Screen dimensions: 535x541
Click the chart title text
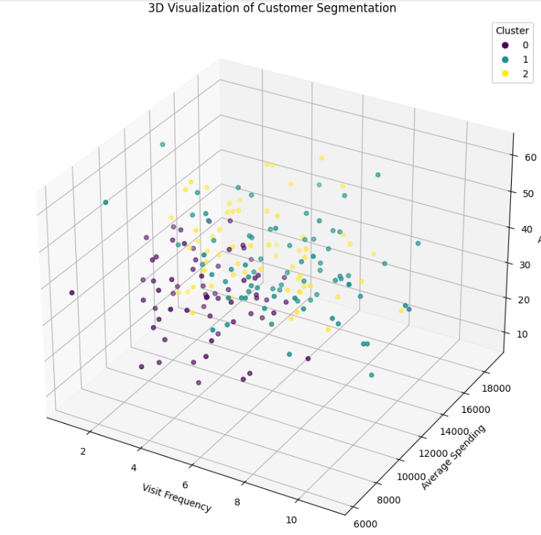271,8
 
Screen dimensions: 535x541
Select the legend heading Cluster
512,31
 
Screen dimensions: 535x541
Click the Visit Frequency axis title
177,497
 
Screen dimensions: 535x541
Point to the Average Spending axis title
454,457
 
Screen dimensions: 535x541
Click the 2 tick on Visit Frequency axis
83,451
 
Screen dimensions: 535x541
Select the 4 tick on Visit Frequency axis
135,468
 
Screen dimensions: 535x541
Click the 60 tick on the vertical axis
530,157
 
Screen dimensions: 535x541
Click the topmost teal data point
162,145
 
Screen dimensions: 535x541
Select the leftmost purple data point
72,292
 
